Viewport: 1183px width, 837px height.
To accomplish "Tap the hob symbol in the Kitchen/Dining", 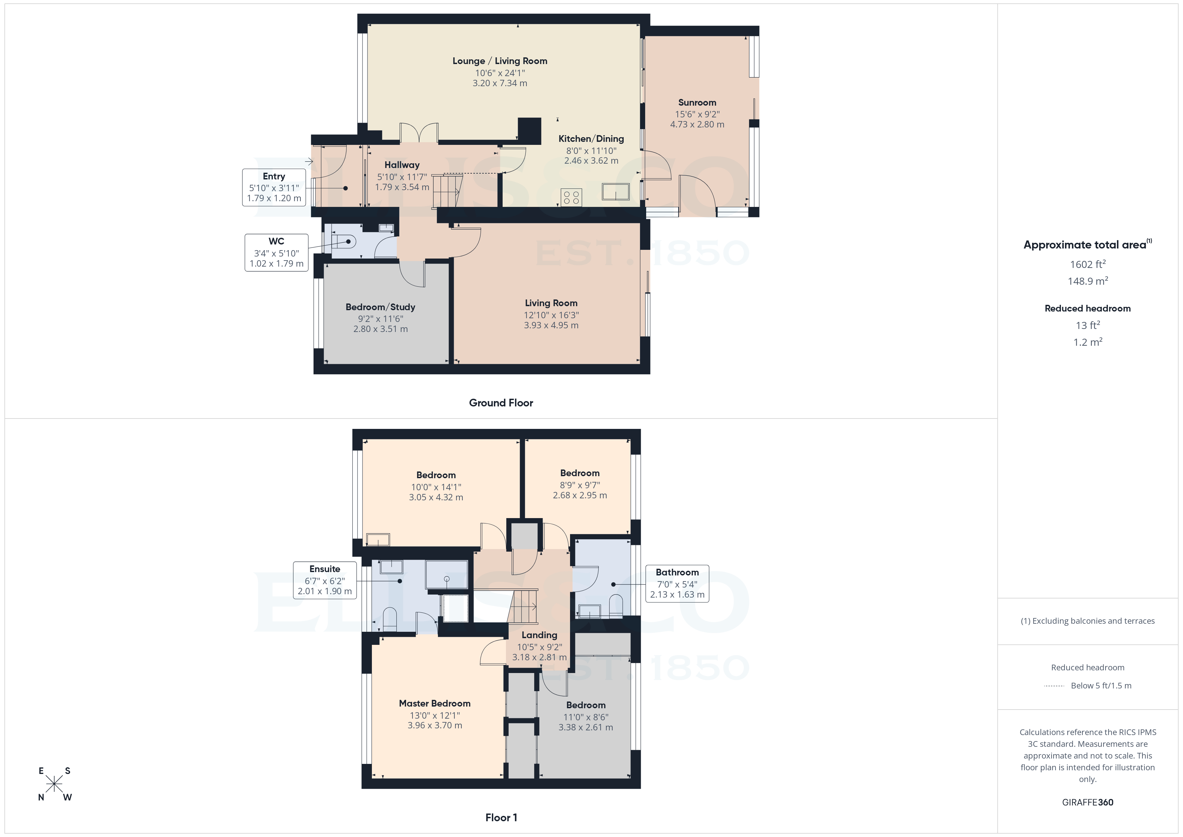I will pos(571,197).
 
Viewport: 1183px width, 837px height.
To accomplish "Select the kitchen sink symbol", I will pos(616,192).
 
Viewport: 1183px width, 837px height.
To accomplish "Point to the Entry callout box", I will pos(274,187).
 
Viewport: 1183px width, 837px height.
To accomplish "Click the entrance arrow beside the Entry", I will pos(308,162).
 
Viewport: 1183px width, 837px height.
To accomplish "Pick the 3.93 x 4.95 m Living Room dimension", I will pos(551,325).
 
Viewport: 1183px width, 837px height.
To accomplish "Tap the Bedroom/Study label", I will pos(380,307).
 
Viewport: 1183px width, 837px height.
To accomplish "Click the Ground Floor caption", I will pos(501,403).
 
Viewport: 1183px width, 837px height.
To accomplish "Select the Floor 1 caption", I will pos(501,818).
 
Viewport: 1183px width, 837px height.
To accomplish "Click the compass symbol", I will pos(54,784).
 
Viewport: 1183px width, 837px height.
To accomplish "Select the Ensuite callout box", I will pos(325,580).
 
